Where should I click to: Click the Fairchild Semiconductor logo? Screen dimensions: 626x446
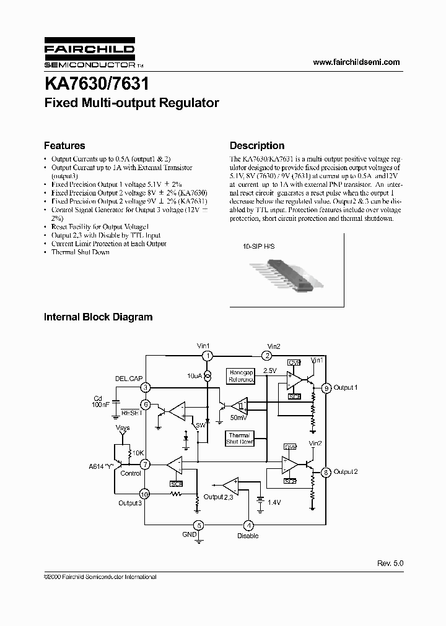[89, 56]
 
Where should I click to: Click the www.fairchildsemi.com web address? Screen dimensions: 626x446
[356, 62]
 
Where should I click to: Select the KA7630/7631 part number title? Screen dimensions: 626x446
[96, 82]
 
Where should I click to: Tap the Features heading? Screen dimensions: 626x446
[64, 146]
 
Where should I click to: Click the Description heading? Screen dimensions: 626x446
[257, 146]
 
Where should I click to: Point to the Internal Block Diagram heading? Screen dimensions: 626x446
[98, 317]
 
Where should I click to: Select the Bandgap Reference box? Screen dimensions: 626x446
[242, 376]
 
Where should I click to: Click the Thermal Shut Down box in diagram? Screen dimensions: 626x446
[239, 439]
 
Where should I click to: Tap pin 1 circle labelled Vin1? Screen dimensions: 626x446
[208, 355]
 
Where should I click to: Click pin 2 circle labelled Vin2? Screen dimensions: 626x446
[266, 355]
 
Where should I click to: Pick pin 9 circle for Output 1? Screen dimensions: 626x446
[326, 388]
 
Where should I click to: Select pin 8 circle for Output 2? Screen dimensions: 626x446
[326, 472]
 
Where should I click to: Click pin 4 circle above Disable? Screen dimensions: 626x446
[248, 526]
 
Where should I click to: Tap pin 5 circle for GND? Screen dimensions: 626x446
[198, 526]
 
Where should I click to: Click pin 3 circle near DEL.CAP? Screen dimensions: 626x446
[145, 388]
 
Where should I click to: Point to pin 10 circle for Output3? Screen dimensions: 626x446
[144, 494]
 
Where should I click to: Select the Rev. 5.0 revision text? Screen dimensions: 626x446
[390, 564]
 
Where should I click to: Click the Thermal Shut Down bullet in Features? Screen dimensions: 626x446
[80, 252]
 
